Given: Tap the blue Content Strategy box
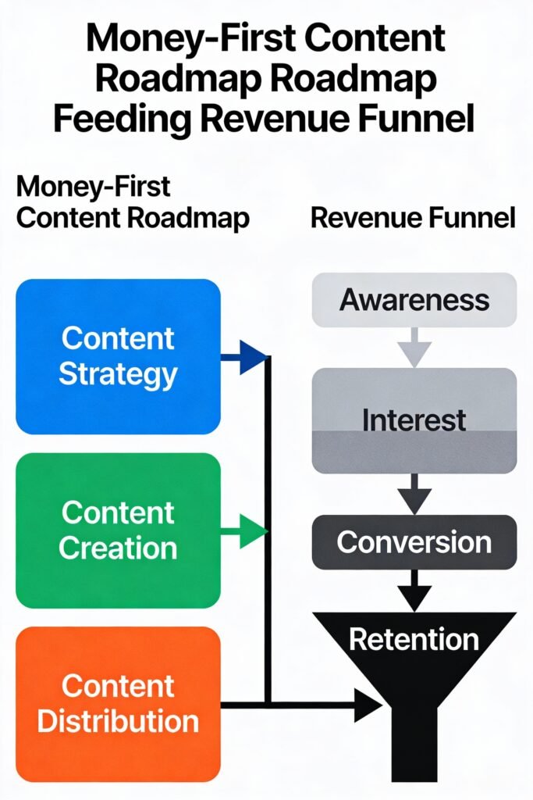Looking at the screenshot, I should (118, 356).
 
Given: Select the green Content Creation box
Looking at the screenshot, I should (118, 530).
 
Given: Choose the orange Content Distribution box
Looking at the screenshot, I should (118, 704).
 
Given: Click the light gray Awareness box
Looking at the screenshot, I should (414, 300).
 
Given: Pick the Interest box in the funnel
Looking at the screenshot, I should (414, 420).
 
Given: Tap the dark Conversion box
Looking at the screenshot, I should (414, 541).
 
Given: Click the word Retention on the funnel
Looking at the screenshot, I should (414, 639).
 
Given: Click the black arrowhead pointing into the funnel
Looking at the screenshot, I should (367, 705).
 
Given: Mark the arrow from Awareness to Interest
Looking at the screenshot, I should (414, 347).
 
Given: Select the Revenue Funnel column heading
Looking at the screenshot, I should (413, 218).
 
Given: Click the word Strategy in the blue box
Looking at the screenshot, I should (118, 374).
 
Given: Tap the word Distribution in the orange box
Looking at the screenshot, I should (118, 720).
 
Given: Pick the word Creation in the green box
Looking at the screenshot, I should (118, 548).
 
